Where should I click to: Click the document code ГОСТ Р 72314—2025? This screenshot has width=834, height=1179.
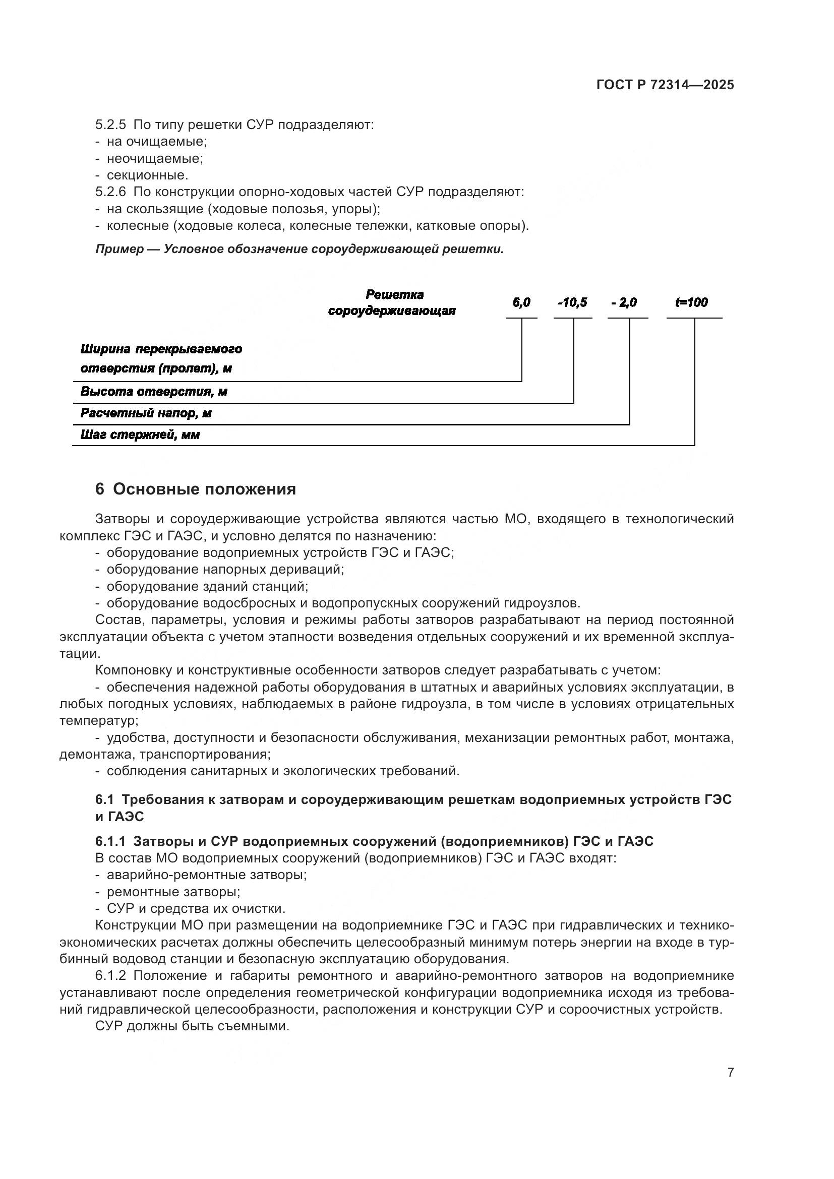665,85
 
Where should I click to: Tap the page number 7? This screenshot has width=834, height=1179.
730,1072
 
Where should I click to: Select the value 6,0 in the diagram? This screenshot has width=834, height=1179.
521,303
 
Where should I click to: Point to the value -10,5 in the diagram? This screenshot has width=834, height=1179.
573,303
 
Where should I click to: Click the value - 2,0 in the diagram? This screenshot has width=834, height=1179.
624,303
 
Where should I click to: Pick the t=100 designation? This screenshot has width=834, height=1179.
691,303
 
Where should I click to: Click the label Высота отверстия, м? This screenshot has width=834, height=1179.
154,392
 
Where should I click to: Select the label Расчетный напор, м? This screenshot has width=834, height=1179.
146,413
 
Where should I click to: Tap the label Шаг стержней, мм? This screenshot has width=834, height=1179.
140,436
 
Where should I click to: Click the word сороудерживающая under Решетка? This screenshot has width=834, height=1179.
392,311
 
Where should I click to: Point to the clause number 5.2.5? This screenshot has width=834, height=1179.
110,125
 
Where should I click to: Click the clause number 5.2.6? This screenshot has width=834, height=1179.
110,192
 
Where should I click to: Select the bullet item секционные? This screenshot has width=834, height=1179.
147,175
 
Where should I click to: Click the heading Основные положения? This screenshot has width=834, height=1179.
204,489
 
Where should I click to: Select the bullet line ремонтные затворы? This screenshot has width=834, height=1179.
173,892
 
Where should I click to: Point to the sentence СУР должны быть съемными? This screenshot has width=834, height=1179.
193,1026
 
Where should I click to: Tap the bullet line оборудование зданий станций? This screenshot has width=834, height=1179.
207,586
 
